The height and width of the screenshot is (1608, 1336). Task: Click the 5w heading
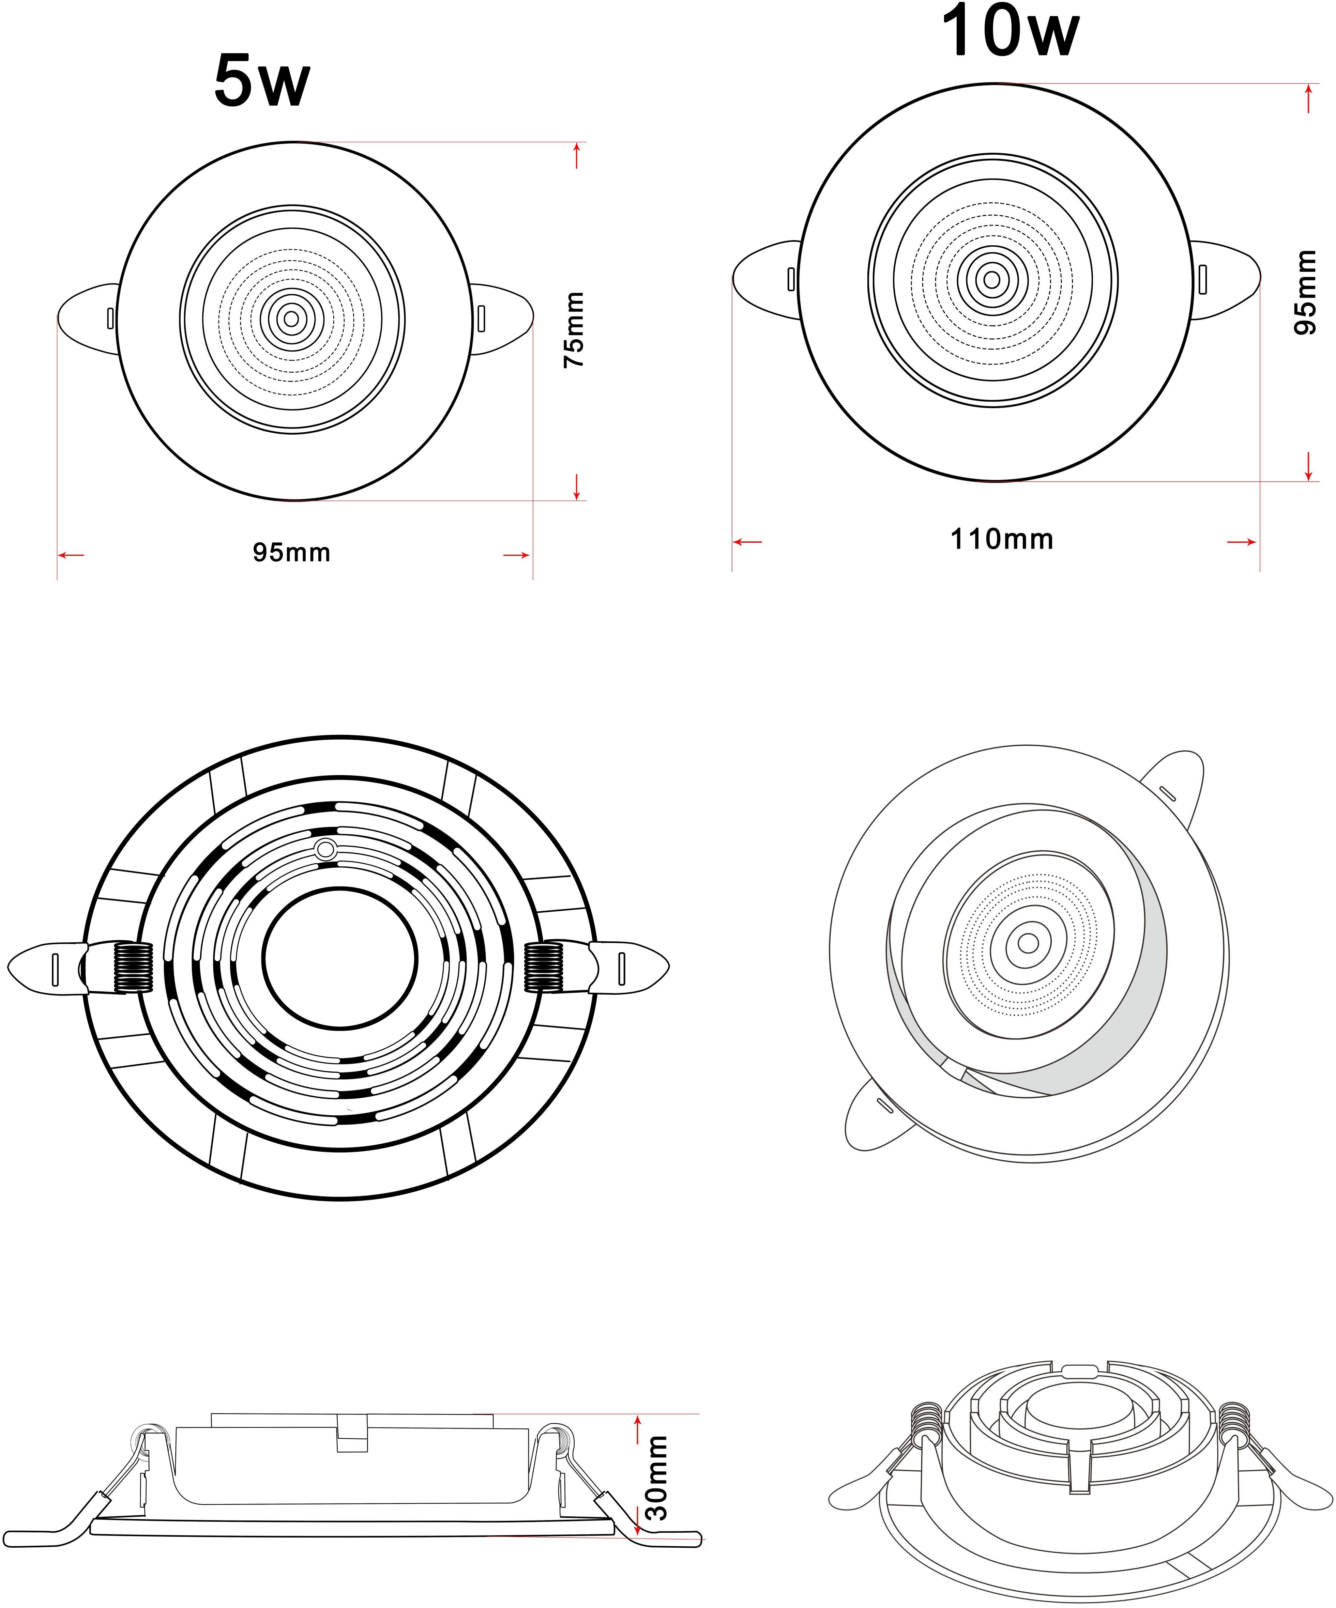click(x=262, y=80)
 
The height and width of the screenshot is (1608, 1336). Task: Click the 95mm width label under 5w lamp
click(x=292, y=552)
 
